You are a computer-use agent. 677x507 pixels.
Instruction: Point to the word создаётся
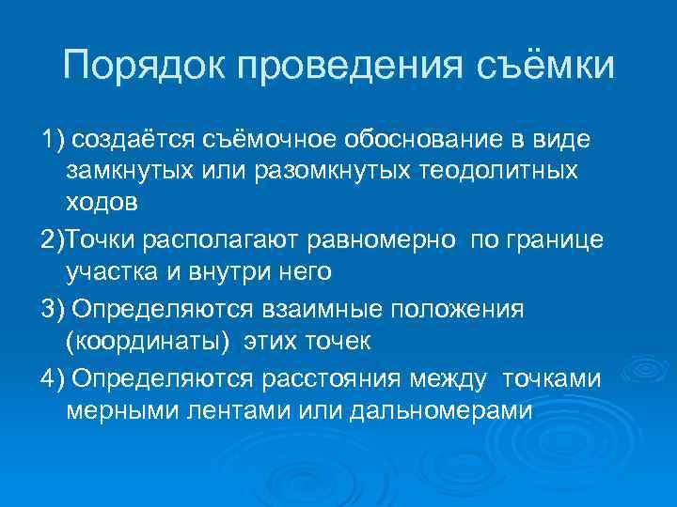tap(130, 140)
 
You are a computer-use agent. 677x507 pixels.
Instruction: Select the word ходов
tap(102, 205)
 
